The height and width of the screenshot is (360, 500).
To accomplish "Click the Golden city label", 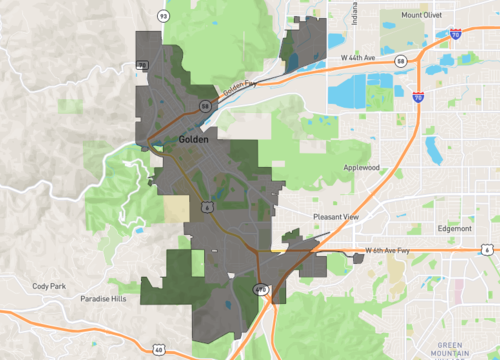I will (192, 140).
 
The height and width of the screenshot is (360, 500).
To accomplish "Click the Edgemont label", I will (454, 228).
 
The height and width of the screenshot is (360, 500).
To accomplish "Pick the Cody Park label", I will (48, 286).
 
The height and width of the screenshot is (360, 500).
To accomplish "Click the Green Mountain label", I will (455, 348).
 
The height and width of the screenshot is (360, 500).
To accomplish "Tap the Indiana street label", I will (354, 15).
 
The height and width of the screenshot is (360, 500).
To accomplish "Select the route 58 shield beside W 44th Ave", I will (399, 62).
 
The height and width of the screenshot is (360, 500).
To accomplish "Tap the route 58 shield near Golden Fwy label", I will (204, 104).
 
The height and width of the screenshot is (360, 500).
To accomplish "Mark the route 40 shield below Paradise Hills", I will (159, 349).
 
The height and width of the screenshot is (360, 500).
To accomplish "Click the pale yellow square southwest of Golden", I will (176, 208).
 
